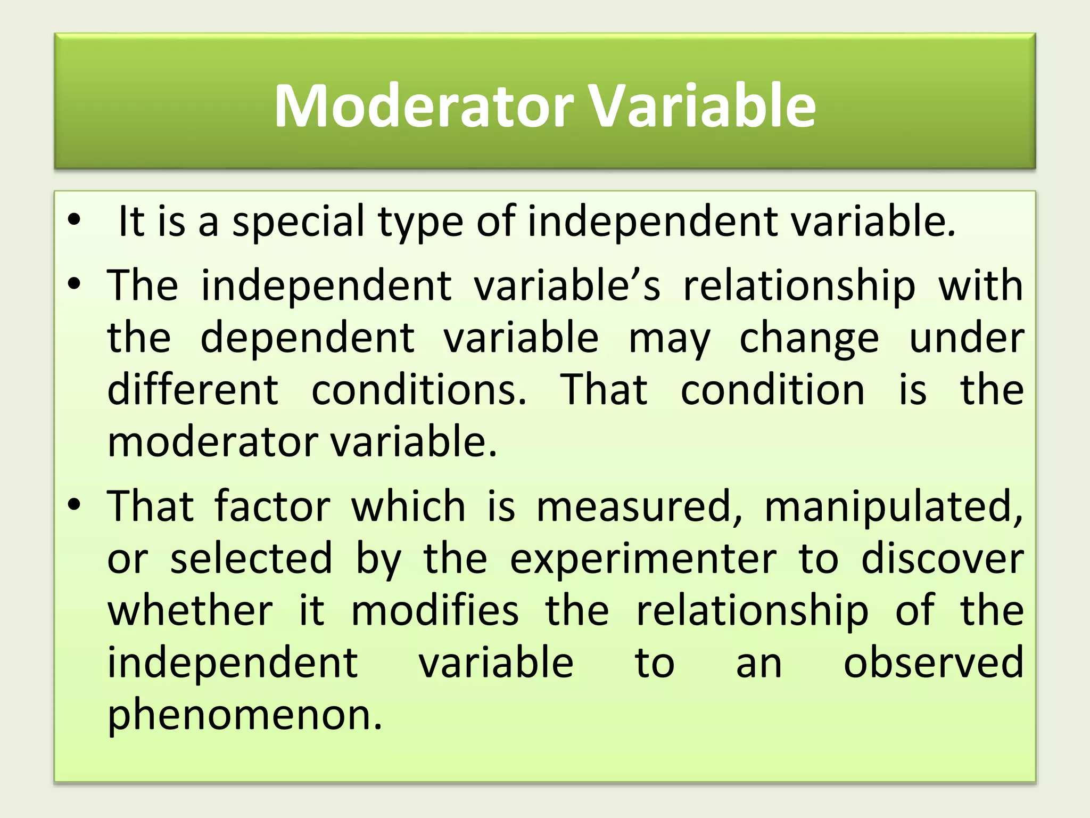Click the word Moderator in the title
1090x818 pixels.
(424, 106)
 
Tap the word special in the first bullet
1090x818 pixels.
(299, 222)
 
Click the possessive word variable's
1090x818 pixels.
(567, 286)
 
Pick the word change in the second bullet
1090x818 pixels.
(809, 339)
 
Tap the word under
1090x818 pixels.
(966, 338)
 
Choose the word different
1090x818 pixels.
(193, 390)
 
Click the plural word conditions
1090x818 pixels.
(419, 390)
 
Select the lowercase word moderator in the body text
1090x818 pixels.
(213, 442)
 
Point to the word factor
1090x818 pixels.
(272, 506)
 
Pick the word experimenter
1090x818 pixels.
(643, 559)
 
